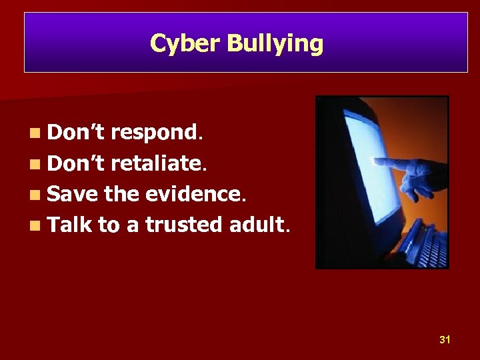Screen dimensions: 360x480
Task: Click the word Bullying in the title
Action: (275, 44)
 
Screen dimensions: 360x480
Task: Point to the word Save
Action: (73, 194)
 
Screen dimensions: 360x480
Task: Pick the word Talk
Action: (70, 225)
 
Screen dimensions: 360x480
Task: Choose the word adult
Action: (256, 225)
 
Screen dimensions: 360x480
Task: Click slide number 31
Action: (445, 340)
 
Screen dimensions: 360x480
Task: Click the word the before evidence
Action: (121, 194)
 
